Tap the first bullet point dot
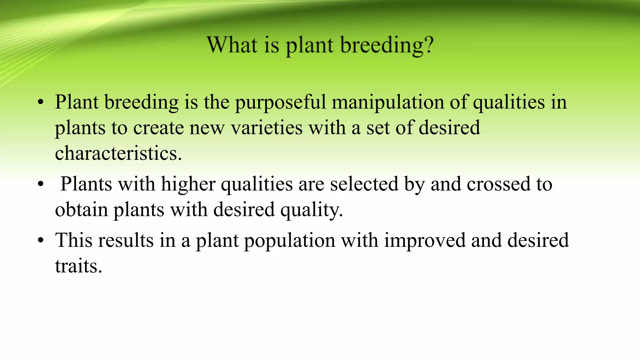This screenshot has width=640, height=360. (x=40, y=103)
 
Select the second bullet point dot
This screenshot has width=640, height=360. (x=40, y=185)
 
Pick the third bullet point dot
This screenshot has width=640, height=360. (x=40, y=241)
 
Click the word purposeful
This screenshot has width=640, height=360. (x=280, y=103)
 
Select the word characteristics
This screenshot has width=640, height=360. (x=118, y=153)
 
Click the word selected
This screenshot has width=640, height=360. (x=364, y=184)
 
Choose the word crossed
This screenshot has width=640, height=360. (x=498, y=184)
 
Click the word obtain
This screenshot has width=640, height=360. (x=81, y=210)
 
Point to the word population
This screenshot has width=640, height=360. (x=290, y=241)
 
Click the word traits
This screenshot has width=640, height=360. (x=78, y=267)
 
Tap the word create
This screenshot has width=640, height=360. (x=158, y=128)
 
